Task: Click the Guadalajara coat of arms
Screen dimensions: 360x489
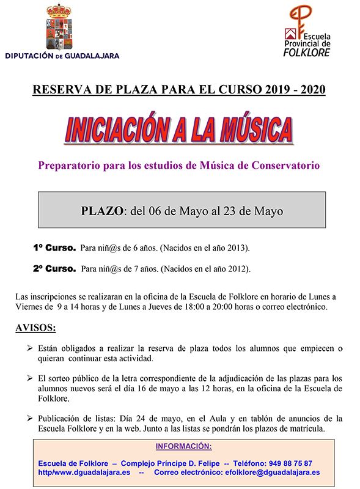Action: [x=61, y=29]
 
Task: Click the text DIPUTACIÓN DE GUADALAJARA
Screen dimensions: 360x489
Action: [x=62, y=56]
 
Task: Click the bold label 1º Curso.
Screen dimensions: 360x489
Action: [x=54, y=248]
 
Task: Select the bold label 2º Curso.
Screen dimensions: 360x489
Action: [x=54, y=268]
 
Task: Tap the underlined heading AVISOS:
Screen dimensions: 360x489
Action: [x=35, y=328]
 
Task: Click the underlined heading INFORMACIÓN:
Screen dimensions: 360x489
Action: [x=183, y=446]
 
